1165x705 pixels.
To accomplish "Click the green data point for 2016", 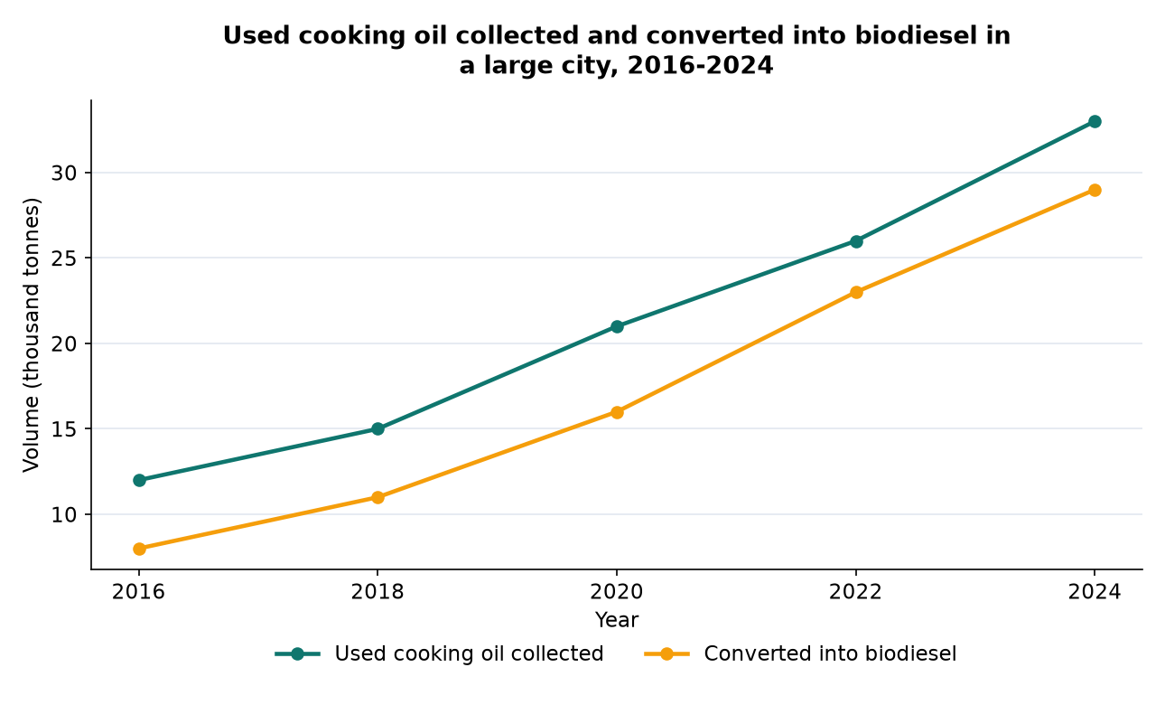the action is (139, 480).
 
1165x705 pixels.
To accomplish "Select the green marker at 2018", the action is (378, 429).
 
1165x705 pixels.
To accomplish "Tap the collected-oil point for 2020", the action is (617, 326).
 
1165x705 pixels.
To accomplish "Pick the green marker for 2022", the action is (856, 241).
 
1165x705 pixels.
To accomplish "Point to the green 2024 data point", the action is (1095, 121).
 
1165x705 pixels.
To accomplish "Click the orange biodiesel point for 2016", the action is (139, 549).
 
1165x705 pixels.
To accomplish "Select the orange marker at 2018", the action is (378, 497).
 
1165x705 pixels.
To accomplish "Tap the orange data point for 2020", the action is (617, 412).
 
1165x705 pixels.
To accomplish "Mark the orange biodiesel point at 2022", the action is (856, 292).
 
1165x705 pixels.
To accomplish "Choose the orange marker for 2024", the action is (1095, 190).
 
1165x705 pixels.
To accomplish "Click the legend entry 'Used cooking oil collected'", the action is (469, 653).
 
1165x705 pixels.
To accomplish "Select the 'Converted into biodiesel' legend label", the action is (830, 653).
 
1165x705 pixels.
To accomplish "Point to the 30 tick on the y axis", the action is (64, 173).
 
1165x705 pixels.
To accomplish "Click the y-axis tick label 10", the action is (64, 514).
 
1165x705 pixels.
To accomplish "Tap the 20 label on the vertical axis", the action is (64, 343).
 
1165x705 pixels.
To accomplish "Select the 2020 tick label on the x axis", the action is (617, 592).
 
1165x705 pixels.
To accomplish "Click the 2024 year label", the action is (1095, 592).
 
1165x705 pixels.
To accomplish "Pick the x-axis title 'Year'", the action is (617, 620).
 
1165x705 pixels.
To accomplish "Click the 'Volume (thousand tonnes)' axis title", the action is (32, 334).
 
